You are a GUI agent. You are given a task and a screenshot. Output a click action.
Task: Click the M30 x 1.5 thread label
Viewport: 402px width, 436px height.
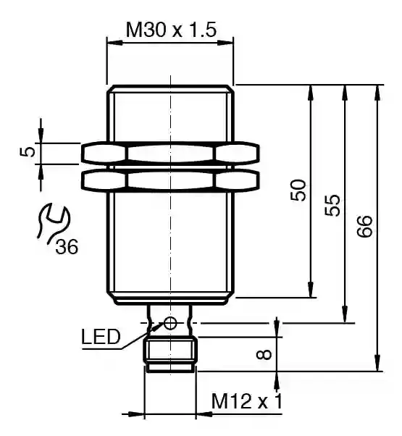point(171,30)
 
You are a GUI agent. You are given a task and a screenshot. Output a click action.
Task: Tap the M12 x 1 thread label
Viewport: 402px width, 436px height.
point(247,401)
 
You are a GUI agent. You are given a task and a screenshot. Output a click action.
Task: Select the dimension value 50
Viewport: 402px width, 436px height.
point(298,190)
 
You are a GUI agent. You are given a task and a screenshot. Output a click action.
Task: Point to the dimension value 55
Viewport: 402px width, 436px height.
point(332,205)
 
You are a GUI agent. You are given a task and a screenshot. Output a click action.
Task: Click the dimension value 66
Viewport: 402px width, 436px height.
point(364,227)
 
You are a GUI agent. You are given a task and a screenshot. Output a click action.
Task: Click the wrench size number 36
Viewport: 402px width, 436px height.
point(67,247)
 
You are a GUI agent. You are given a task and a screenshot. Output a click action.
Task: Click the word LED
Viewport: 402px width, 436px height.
point(101,337)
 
